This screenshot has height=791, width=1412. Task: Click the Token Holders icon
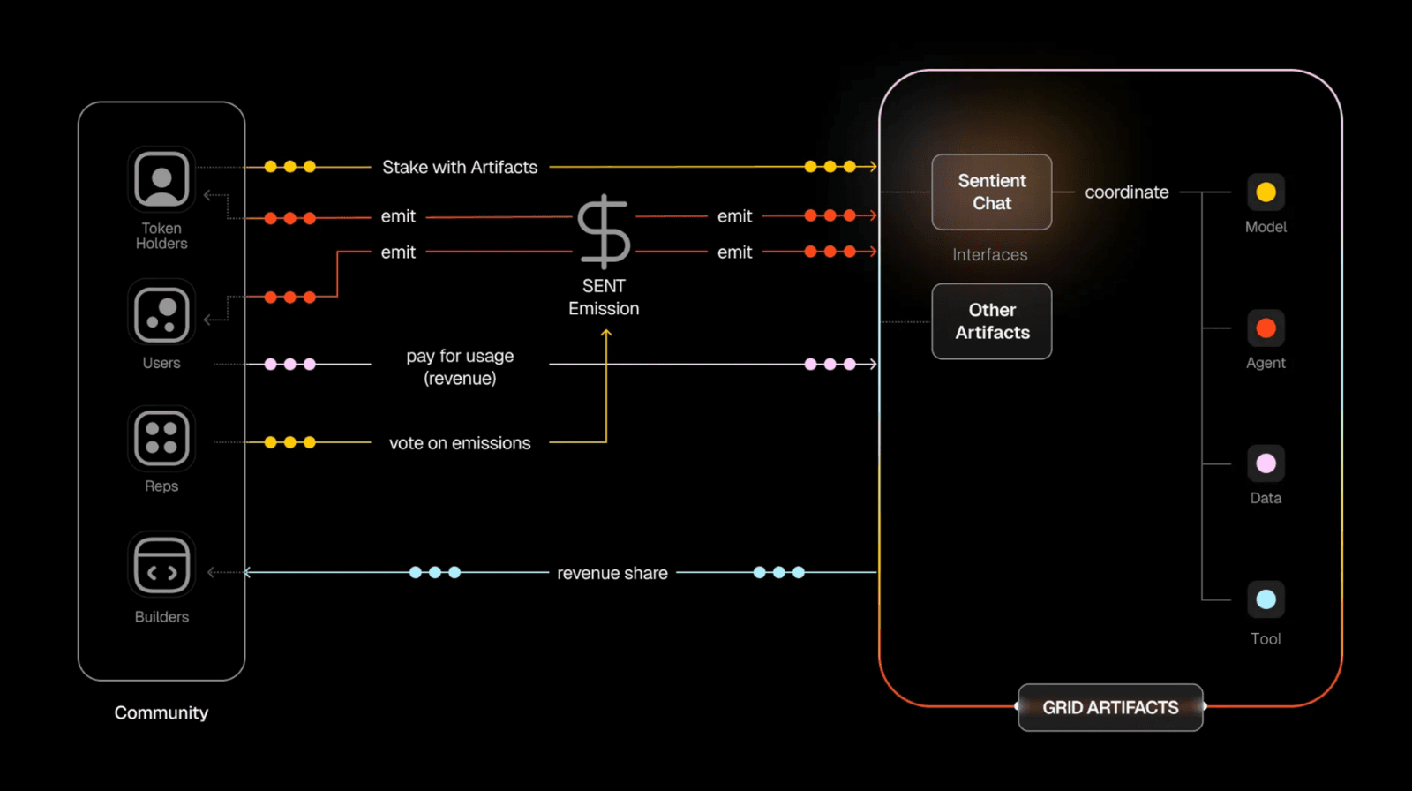(161, 179)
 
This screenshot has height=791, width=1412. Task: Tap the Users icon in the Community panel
(161, 313)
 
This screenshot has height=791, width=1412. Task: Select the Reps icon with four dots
(161, 439)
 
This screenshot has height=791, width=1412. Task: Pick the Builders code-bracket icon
(161, 566)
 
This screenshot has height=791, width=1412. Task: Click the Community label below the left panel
(161, 712)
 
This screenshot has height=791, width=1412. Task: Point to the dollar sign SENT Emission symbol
(604, 231)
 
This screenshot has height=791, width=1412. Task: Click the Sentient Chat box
(992, 192)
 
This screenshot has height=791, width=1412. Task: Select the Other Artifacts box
(992, 321)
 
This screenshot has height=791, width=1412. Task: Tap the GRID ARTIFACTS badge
(1110, 707)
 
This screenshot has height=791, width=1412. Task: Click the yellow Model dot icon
(1266, 192)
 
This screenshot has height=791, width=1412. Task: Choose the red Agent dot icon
(1266, 328)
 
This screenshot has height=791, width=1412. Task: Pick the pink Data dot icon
(1266, 463)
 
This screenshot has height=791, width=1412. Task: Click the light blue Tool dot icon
(1266, 599)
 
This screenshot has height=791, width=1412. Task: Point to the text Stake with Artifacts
(460, 167)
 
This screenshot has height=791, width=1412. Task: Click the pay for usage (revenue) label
(460, 367)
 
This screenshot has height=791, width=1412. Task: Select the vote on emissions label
(460, 443)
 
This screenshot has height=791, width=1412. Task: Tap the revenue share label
(612, 573)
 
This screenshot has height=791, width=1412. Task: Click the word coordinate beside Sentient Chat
(1127, 192)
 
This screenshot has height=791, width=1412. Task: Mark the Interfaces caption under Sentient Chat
(990, 255)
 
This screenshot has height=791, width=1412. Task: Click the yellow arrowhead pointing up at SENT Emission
(606, 334)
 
